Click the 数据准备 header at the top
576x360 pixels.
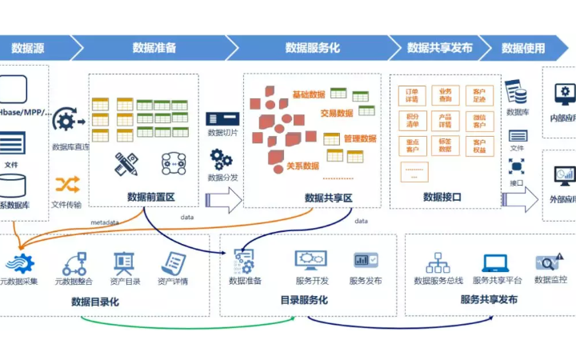click(154, 48)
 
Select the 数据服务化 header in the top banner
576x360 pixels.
click(312, 48)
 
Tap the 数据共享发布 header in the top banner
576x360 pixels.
click(439, 48)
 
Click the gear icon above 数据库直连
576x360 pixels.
click(68, 122)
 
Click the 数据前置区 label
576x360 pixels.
click(150, 197)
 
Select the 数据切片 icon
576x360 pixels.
click(222, 118)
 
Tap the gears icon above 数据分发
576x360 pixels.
click(222, 158)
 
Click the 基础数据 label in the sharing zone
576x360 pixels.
click(309, 94)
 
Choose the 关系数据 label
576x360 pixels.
click(302, 166)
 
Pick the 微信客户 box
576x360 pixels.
click(479, 121)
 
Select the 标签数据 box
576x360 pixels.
click(446, 146)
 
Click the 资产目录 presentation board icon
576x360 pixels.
click(124, 262)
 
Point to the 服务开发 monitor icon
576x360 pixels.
click(310, 261)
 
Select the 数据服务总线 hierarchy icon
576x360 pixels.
click(438, 262)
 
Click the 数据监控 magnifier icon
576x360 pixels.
click(550, 262)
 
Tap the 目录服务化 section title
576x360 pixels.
click(303, 300)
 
